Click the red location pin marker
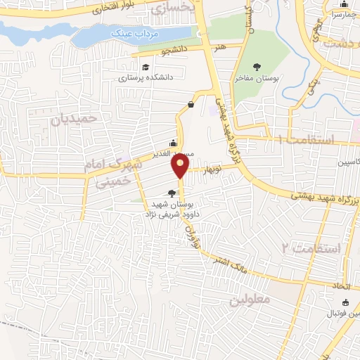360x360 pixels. [181, 166]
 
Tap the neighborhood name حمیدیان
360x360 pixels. [72, 119]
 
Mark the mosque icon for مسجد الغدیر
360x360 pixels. [173, 143]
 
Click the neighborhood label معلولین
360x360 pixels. [249, 300]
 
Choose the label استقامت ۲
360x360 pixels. [311, 247]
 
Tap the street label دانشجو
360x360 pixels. [174, 50]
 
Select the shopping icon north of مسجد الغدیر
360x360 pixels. [191, 105]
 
